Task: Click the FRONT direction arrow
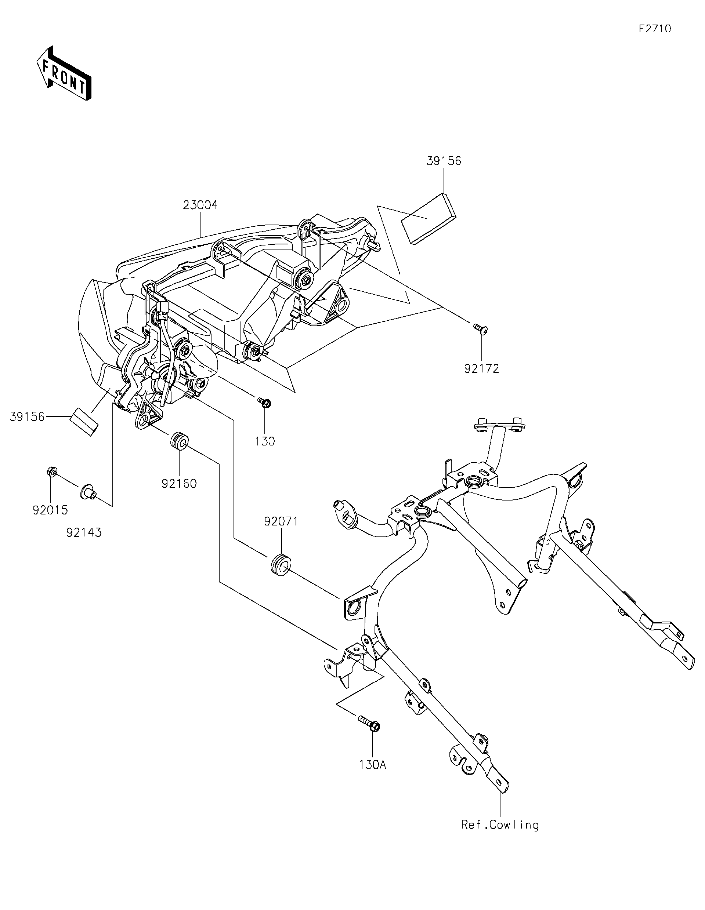pyautogui.click(x=64, y=74)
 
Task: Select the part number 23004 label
pyautogui.click(x=200, y=205)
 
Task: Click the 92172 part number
pyautogui.click(x=481, y=369)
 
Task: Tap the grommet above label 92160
pyautogui.click(x=179, y=441)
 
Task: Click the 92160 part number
pyautogui.click(x=179, y=483)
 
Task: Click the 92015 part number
pyautogui.click(x=50, y=510)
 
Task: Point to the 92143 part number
pyautogui.click(x=84, y=532)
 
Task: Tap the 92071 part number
pyautogui.click(x=281, y=521)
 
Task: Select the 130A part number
pyautogui.click(x=373, y=765)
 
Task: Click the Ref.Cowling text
pyautogui.click(x=499, y=825)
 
